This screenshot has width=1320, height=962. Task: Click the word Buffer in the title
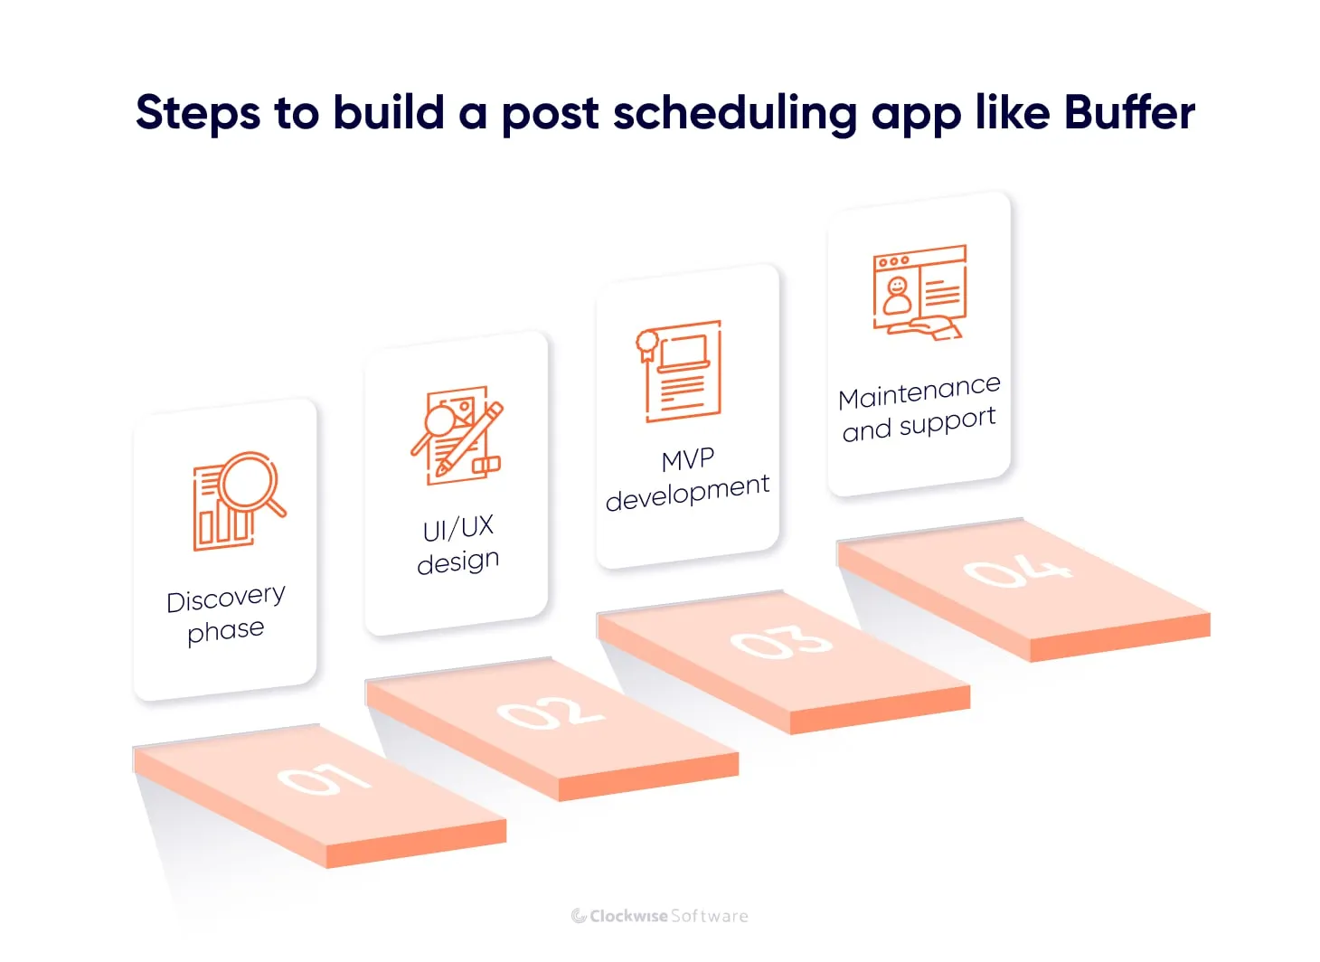pyautogui.click(x=1129, y=113)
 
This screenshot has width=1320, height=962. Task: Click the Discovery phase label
pyautogui.click(x=226, y=614)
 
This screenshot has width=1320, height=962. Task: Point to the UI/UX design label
pyautogui.click(x=458, y=544)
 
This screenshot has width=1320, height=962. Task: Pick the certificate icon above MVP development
pyautogui.click(x=680, y=371)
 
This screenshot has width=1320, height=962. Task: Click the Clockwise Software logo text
pyautogui.click(x=660, y=916)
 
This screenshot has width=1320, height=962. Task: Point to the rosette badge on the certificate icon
pyautogui.click(x=647, y=343)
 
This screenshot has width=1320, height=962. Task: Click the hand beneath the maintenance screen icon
pyautogui.click(x=935, y=327)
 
